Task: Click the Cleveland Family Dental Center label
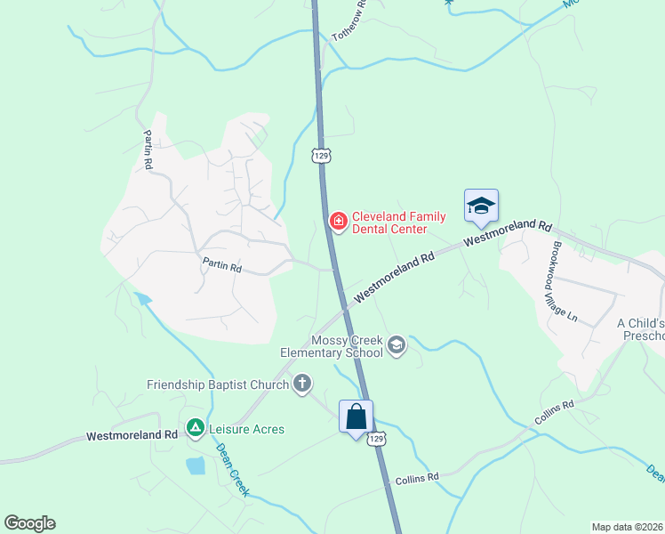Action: (389, 222)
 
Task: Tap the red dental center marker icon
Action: (338, 221)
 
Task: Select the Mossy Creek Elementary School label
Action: (347, 346)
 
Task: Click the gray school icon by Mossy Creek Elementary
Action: (397, 346)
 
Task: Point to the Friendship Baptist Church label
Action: (218, 384)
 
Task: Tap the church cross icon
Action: (302, 384)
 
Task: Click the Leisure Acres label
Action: (246, 429)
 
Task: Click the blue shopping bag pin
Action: (356, 417)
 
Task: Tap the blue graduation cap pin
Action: (481, 206)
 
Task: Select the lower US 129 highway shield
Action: (378, 439)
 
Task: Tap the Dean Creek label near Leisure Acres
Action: (234, 469)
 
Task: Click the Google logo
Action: (29, 523)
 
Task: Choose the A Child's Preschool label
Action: (640, 328)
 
